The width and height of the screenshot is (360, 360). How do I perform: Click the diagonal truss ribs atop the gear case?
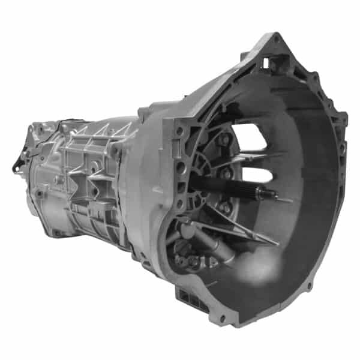pos(96,135)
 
